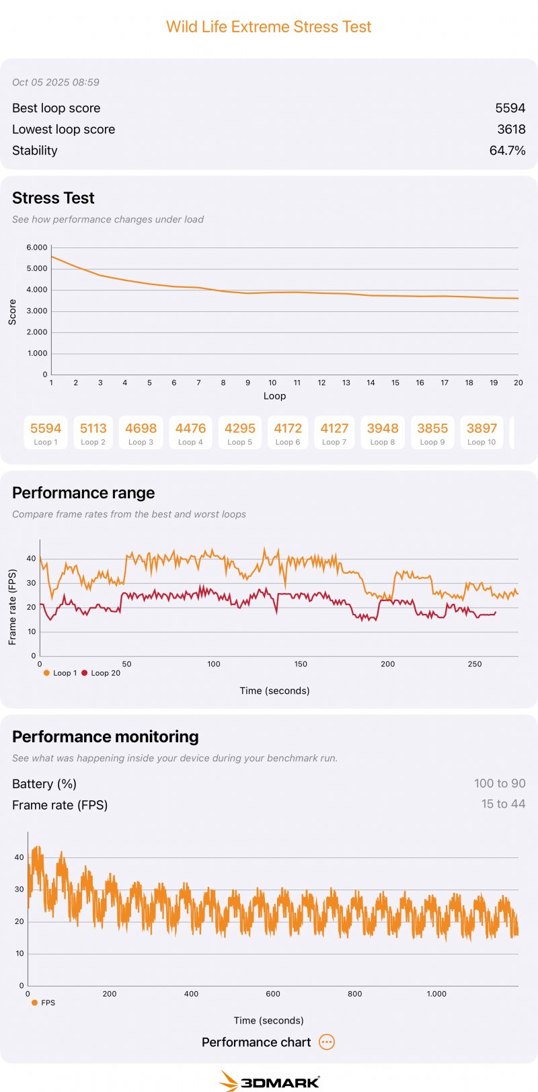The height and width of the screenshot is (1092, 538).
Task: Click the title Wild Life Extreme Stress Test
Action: pyautogui.click(x=269, y=27)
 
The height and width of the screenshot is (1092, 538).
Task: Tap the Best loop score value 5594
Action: pyautogui.click(x=510, y=108)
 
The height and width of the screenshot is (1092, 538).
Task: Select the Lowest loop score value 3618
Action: pyautogui.click(x=511, y=129)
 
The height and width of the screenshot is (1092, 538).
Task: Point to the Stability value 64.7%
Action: pyautogui.click(x=507, y=151)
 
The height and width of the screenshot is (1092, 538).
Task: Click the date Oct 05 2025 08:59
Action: pyautogui.click(x=56, y=82)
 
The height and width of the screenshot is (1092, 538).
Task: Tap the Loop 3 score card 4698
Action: pyautogui.click(x=141, y=432)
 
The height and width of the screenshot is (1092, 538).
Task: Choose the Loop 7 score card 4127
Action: pyautogui.click(x=334, y=432)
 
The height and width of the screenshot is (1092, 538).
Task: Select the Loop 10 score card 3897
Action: pyautogui.click(x=482, y=432)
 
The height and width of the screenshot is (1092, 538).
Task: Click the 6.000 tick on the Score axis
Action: pyautogui.click(x=37, y=247)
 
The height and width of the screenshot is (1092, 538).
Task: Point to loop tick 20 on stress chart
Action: pyautogui.click(x=518, y=383)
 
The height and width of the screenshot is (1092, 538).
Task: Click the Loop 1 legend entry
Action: pyautogui.click(x=61, y=673)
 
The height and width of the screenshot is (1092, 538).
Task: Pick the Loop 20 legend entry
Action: pyautogui.click(x=101, y=673)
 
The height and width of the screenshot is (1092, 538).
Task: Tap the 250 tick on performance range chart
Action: pyautogui.click(x=475, y=664)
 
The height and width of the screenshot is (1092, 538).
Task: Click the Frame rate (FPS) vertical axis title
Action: pyautogui.click(x=12, y=607)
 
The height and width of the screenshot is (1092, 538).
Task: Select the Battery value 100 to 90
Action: pyautogui.click(x=500, y=783)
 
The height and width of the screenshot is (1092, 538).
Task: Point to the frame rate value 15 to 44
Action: pyautogui.click(x=503, y=804)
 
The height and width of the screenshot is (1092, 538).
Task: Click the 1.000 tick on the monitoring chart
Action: pyautogui.click(x=436, y=994)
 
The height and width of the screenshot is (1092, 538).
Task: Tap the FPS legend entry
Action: pyautogui.click(x=44, y=1003)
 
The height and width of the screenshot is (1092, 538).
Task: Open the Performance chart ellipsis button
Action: pyautogui.click(x=327, y=1042)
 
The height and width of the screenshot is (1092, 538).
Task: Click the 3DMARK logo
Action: pyautogui.click(x=270, y=1080)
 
